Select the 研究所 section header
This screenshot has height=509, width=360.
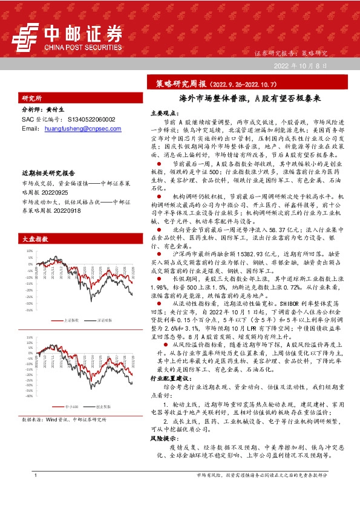[32, 98]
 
